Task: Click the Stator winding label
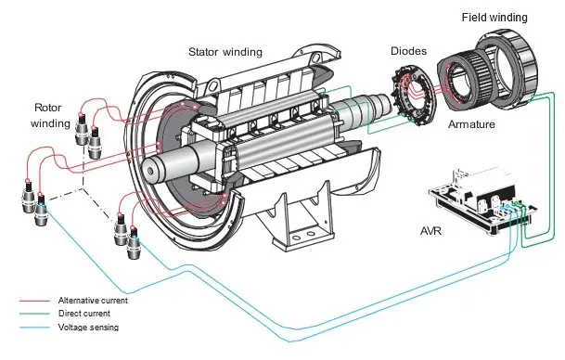[225, 52]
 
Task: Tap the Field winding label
[494, 18]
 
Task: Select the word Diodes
[408, 51]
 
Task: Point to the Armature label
[471, 124]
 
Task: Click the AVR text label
[430, 231]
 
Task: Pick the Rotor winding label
[50, 115]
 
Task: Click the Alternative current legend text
[93, 301]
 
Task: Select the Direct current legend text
[84, 314]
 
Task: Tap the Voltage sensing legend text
[88, 328]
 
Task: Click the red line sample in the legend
[34, 301]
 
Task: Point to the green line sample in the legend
[34, 314]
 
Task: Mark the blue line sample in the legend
[34, 328]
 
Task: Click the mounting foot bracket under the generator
[302, 223]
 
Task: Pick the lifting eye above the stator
[213, 86]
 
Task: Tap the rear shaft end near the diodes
[384, 103]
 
